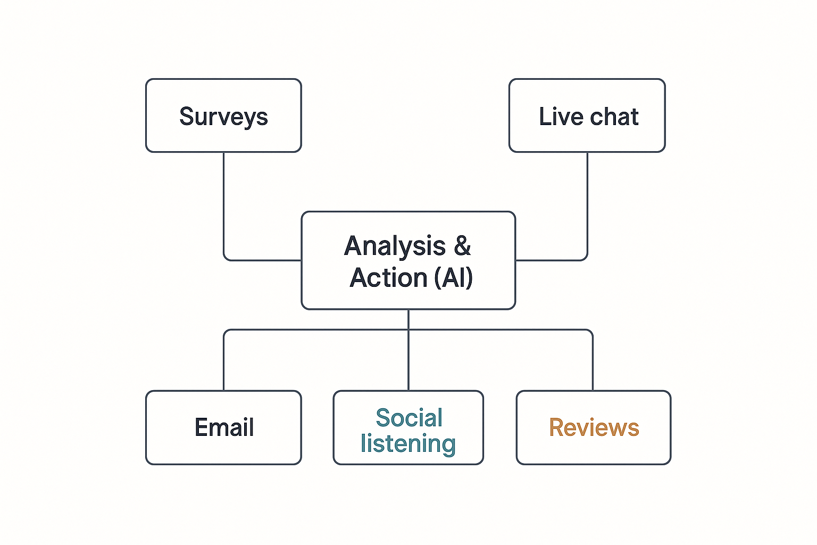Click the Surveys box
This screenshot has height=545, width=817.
point(223,115)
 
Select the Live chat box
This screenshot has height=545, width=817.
point(587,115)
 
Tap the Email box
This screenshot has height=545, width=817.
point(223,427)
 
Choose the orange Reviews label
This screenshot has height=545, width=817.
point(594,427)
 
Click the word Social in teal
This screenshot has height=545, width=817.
point(408,418)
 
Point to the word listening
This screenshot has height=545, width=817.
point(408,443)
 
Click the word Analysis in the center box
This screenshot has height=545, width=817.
point(395,246)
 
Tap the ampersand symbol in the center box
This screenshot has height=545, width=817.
point(462,246)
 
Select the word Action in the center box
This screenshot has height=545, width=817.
point(388,278)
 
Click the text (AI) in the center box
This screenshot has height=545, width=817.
point(453,278)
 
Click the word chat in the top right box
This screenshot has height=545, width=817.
point(614,117)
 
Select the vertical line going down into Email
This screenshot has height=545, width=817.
point(223,362)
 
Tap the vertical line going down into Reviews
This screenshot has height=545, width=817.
point(593,362)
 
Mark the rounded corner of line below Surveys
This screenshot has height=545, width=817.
point(226,258)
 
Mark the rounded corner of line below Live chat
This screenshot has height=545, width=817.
point(585,258)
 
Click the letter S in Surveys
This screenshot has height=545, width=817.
point(186,116)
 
